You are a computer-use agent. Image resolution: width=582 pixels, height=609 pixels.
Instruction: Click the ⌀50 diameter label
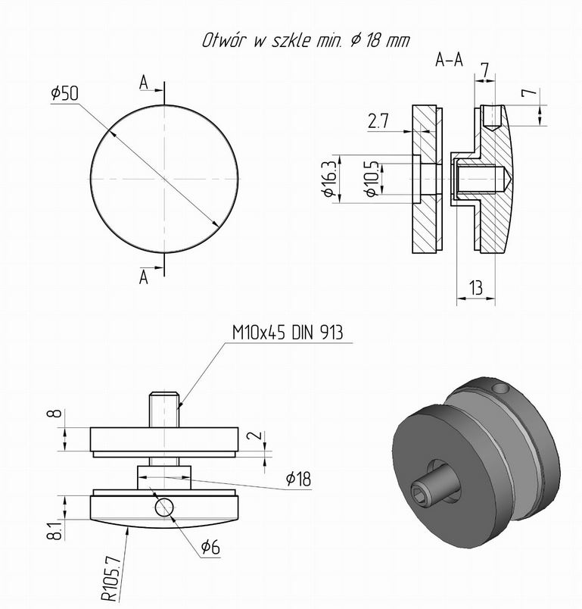[x=65, y=93]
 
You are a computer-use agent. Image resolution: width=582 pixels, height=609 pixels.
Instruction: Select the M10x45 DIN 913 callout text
[x=288, y=333]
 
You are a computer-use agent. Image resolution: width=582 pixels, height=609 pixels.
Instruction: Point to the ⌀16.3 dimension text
[x=330, y=178]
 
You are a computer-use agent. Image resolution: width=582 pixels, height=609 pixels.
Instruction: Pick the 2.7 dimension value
[x=378, y=121]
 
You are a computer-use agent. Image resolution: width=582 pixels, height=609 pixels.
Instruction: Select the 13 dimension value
[x=476, y=288]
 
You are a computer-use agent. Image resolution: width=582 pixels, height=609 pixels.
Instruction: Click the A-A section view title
[x=449, y=60]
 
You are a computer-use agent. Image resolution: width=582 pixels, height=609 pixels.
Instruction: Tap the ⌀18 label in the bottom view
[x=298, y=479]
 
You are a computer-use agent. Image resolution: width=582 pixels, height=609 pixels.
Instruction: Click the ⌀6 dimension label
[x=210, y=547]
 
